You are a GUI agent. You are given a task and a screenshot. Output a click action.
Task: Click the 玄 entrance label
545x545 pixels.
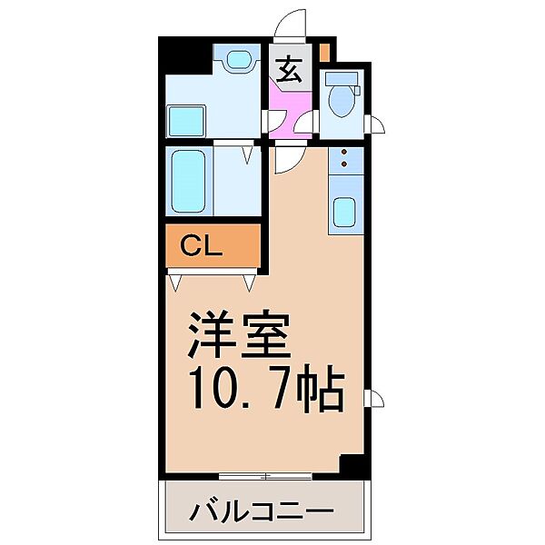pyautogui.click(x=289, y=70)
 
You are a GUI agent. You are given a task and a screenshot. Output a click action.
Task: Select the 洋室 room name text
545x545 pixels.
pyautogui.click(x=240, y=337)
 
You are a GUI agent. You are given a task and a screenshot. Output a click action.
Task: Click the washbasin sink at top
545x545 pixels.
pyautogui.click(x=239, y=61)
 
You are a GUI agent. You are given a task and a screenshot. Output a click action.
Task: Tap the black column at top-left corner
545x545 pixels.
pyautogui.click(x=182, y=57)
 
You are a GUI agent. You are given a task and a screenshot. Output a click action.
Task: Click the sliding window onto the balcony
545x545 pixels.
pyautogui.click(x=264, y=476)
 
